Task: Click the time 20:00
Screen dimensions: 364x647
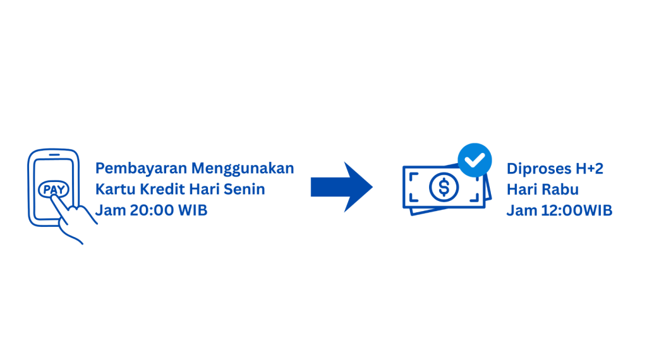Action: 152,211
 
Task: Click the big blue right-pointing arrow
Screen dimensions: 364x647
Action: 341,187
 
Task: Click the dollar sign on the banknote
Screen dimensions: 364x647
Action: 445,187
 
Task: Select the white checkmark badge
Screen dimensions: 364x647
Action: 475,159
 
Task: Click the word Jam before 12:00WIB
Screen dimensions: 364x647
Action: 519,211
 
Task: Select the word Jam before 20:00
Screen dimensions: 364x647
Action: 109,211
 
